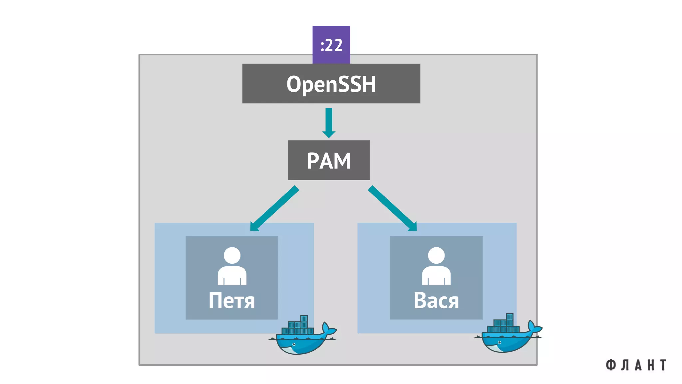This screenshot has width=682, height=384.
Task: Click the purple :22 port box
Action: [x=331, y=44]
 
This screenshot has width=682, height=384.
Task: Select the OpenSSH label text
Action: [x=331, y=84]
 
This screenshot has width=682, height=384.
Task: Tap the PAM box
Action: [x=329, y=160]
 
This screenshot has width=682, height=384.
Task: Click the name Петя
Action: [x=231, y=301]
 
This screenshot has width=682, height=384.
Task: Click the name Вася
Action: [x=436, y=301]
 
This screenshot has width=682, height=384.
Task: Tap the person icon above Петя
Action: [x=232, y=267]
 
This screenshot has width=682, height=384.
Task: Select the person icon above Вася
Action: [x=436, y=267]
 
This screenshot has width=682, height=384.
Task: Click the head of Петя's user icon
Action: [x=232, y=255]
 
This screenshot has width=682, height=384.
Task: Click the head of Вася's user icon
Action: [x=436, y=255]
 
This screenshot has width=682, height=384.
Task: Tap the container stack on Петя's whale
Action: [x=298, y=326]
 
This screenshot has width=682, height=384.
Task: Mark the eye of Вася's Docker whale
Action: [x=500, y=343]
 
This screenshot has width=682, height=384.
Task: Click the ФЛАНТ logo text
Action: [x=636, y=365]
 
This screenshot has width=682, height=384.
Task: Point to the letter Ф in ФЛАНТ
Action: [x=610, y=365]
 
